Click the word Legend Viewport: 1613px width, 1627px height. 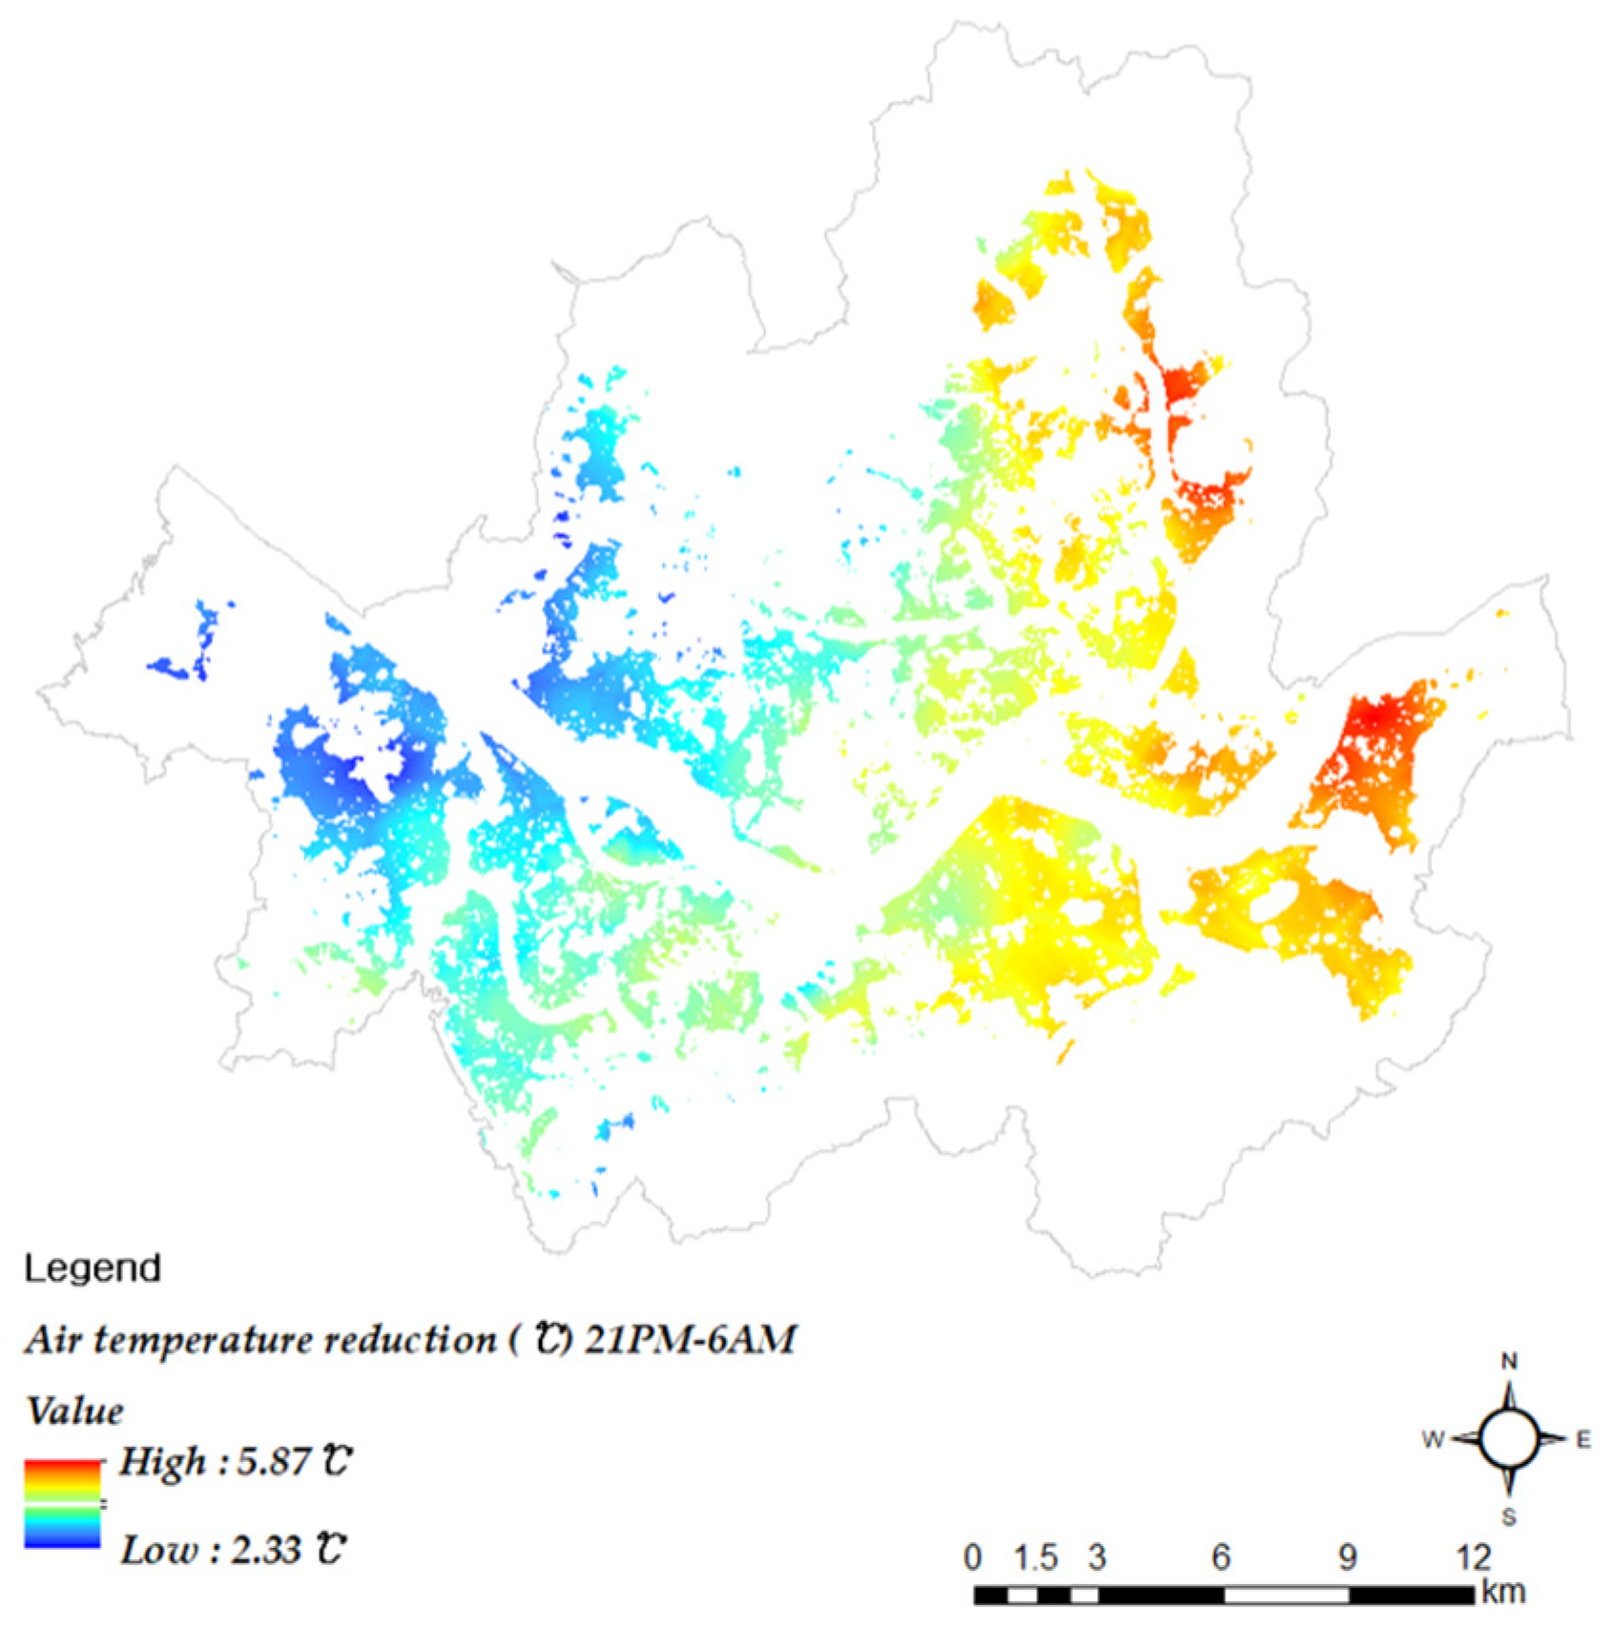(93, 1268)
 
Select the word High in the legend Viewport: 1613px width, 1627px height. (162, 1461)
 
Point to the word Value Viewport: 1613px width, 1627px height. (74, 1411)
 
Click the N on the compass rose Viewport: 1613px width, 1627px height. (1509, 1361)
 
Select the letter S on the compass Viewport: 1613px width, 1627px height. (1509, 1516)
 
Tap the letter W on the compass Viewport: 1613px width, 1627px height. (1433, 1440)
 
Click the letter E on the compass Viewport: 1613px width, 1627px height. (1583, 1440)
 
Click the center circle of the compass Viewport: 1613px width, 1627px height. (1509, 1439)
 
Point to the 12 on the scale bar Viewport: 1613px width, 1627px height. (1473, 1557)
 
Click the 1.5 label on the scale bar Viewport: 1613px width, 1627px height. (1036, 1557)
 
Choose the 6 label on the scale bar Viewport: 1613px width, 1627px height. (1221, 1557)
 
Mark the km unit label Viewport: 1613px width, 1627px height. (1503, 1592)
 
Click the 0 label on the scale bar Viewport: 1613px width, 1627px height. (972, 1557)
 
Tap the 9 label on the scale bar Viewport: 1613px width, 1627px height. (1347, 1557)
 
